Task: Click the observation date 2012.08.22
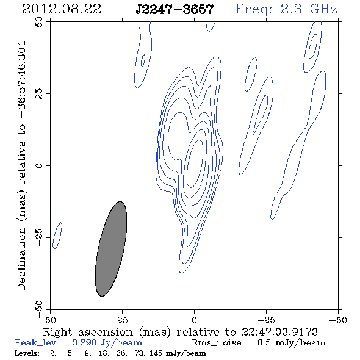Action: coord(62,9)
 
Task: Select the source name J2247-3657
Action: coord(175,9)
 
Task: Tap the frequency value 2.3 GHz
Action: coord(309,9)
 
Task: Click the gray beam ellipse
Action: coord(111,249)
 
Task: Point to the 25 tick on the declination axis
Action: coord(39,93)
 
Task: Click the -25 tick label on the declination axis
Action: coord(39,237)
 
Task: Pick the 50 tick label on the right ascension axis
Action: coord(50,320)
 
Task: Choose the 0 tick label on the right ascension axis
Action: coord(194,320)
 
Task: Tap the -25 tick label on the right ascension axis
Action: coord(266,320)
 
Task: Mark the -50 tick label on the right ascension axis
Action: coord(338,320)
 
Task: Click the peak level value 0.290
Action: coord(84,342)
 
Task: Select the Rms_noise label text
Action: coord(220,343)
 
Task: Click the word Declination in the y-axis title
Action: coord(21,259)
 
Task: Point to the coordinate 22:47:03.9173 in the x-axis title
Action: coord(279,332)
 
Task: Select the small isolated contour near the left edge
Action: coord(57,236)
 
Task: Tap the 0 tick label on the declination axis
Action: coord(39,165)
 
